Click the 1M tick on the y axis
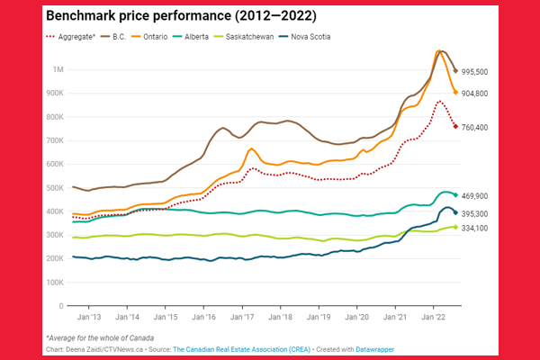click(x=58, y=70)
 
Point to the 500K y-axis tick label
click(x=55, y=186)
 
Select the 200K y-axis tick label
click(x=55, y=256)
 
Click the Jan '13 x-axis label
click(x=88, y=318)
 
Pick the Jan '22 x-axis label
click(x=436, y=318)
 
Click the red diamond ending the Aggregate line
click(x=456, y=126)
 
